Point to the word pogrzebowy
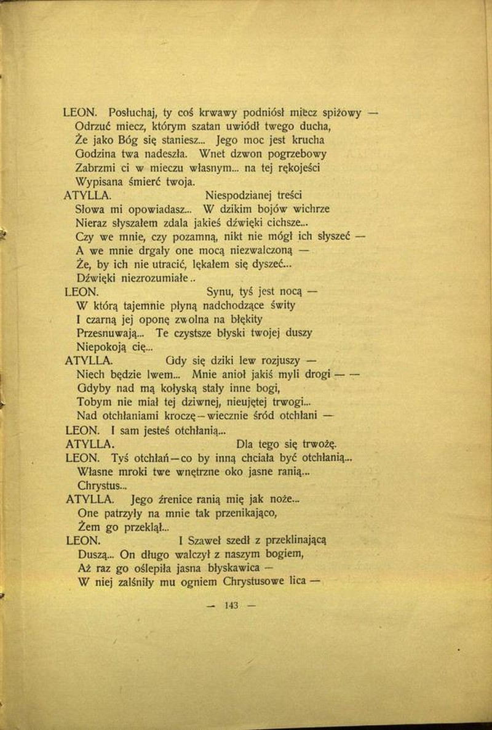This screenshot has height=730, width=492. pos(293,154)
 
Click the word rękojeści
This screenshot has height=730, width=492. pos(294,167)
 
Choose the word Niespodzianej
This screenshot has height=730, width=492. pos(240,195)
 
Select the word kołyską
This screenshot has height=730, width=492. pos(171,388)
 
